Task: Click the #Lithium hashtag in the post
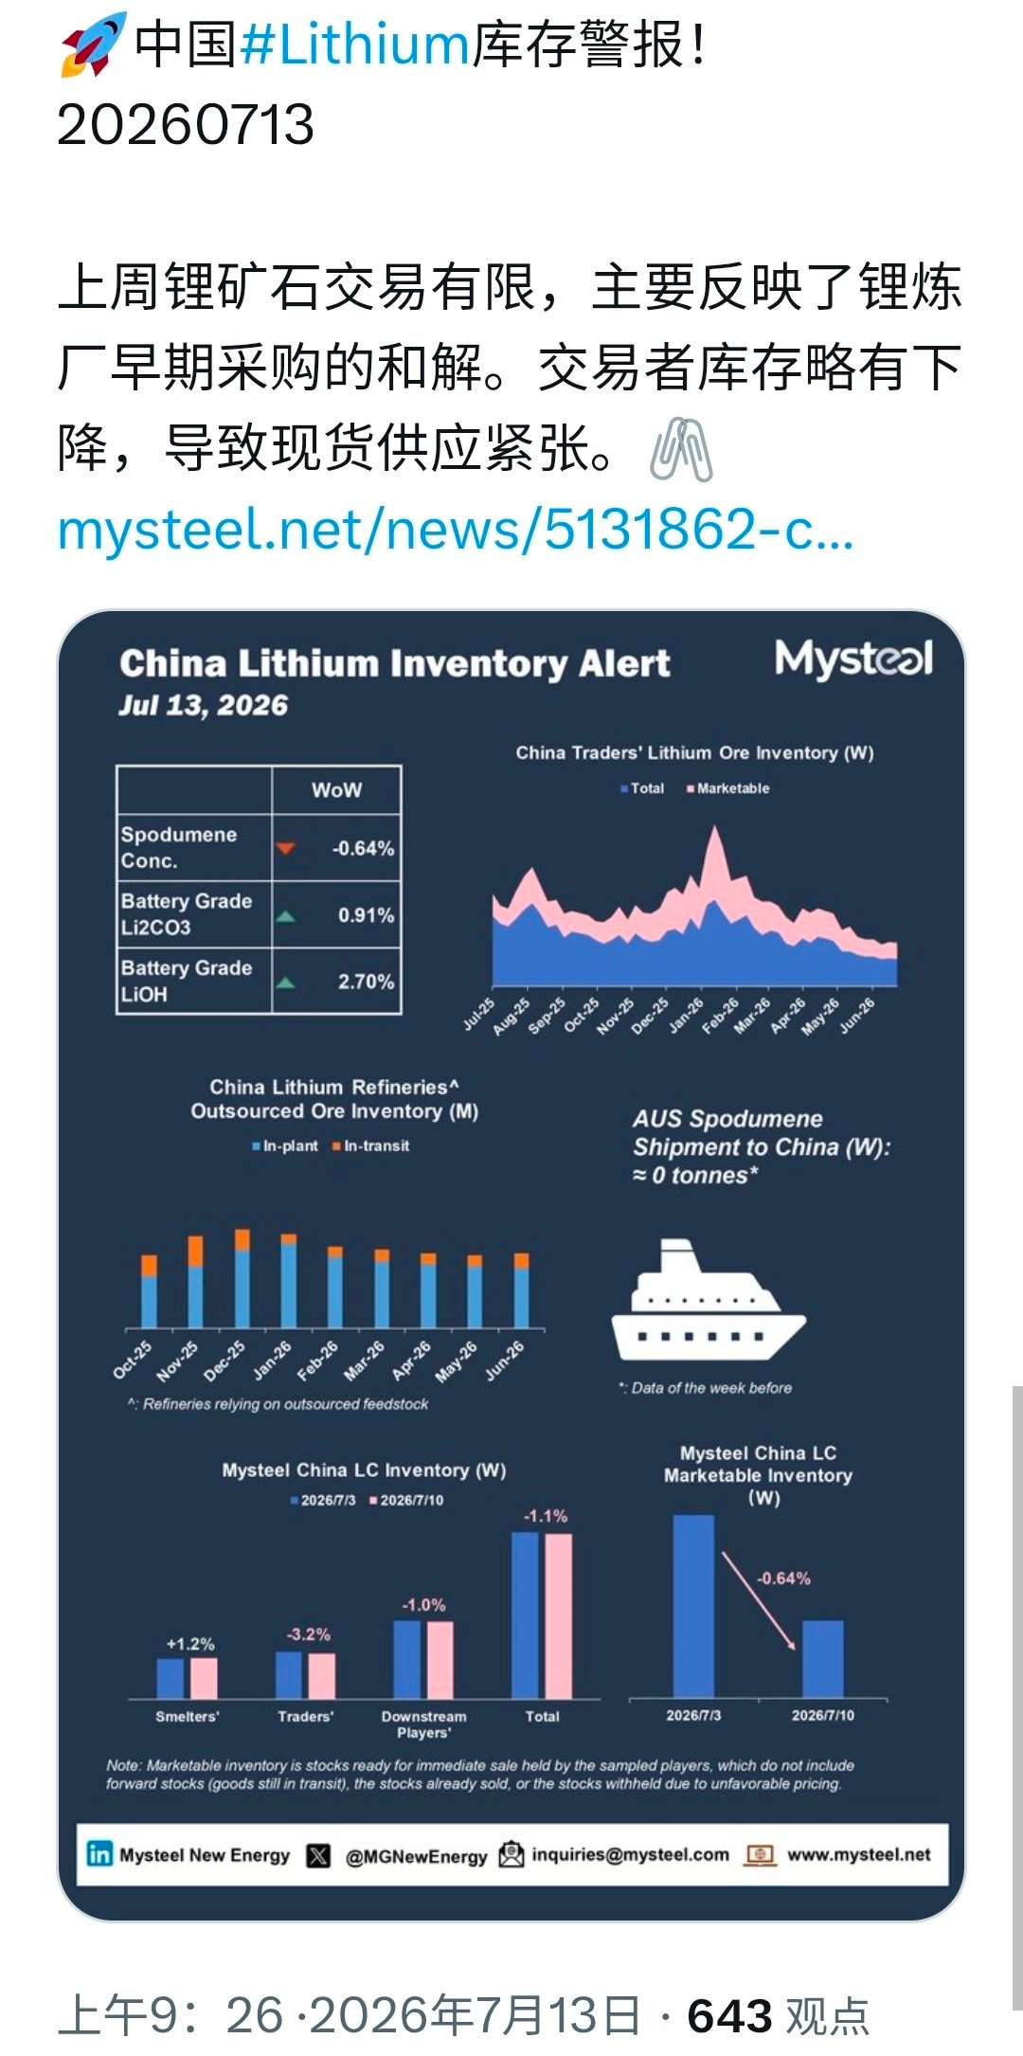355,45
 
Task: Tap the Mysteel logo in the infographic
853,659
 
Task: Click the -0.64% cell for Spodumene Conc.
363,848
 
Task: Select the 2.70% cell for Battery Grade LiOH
366,982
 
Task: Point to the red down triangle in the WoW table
285,848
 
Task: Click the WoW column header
336,790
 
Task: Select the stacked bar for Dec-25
242,1278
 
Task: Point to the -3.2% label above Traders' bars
309,1634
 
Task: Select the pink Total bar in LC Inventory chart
559,1615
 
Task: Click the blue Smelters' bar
170,1678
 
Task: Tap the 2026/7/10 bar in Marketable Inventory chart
823,1659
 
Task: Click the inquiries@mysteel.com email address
631,1854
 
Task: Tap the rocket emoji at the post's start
93,45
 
